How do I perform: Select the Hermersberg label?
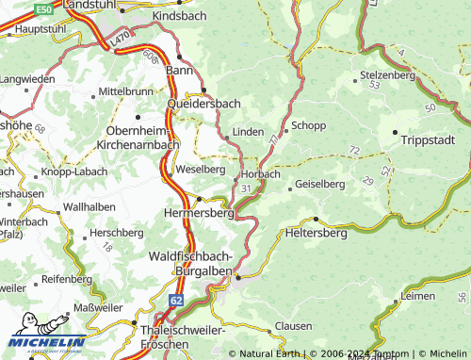click(x=199, y=214)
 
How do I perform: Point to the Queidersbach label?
click(x=203, y=104)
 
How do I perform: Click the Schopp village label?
click(x=308, y=125)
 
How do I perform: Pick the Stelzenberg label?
click(x=387, y=74)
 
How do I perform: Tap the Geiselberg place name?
click(x=320, y=185)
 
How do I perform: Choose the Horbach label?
click(x=261, y=174)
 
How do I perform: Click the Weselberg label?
click(x=200, y=170)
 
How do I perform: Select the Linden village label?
click(x=247, y=132)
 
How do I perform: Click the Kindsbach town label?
click(x=176, y=17)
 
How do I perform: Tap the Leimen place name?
click(x=417, y=296)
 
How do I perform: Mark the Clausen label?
click(x=293, y=326)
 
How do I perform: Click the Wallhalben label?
click(x=89, y=206)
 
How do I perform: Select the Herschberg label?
click(x=115, y=232)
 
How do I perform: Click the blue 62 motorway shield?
click(x=176, y=300)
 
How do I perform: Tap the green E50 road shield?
click(x=43, y=8)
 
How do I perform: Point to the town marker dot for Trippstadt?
click(x=395, y=131)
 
